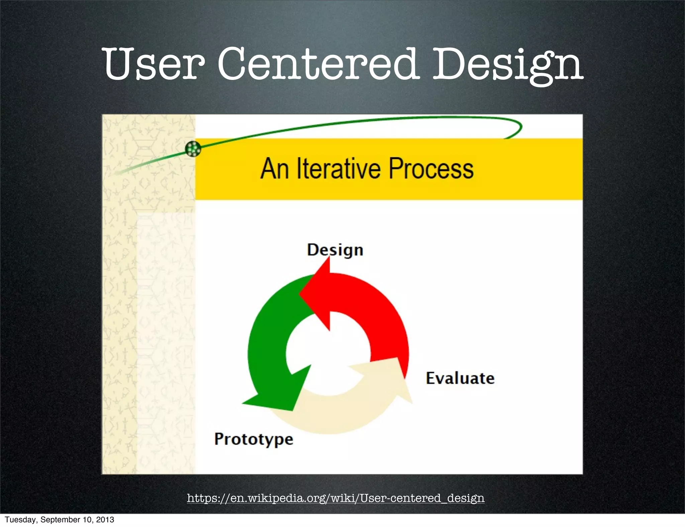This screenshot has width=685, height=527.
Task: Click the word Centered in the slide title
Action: point(318,64)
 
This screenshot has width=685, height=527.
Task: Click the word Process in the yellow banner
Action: point(431,169)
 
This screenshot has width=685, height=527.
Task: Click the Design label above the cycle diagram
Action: point(335,250)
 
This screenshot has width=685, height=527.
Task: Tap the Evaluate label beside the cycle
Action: point(460,378)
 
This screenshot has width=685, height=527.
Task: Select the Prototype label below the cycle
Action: point(254,439)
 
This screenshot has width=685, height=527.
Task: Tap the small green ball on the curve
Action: point(193,148)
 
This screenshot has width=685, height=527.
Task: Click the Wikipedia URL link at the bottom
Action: point(335,498)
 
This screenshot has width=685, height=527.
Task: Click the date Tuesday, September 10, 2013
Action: point(60,520)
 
